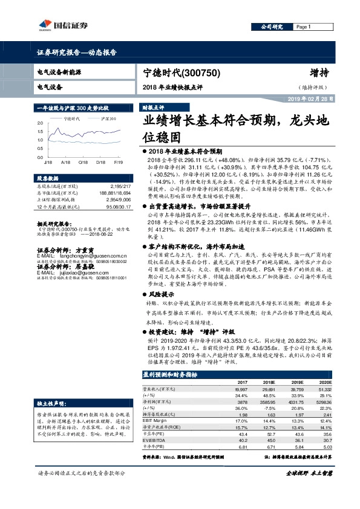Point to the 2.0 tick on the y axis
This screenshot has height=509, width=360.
[40, 123]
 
